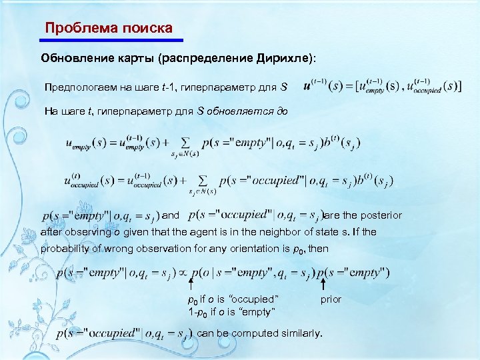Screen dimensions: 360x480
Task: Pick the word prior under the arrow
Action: click(x=331, y=299)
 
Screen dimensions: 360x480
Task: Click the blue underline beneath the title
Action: click(x=109, y=40)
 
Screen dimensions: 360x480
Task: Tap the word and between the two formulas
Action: click(x=171, y=215)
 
